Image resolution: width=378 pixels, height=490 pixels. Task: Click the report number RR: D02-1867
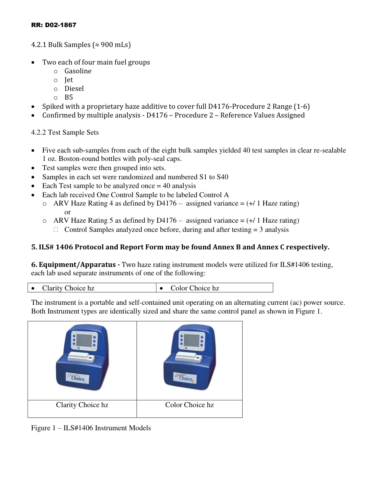(54, 25)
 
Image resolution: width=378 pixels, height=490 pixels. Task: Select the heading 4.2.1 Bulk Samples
(81, 45)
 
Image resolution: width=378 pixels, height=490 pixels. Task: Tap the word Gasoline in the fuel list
(78, 71)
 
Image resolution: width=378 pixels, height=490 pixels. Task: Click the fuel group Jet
(69, 80)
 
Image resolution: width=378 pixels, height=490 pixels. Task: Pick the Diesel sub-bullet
(74, 88)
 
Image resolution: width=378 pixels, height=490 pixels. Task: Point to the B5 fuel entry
(69, 97)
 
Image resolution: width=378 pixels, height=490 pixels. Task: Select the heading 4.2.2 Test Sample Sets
(65, 132)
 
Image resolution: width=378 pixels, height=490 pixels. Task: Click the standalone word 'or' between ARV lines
(68, 212)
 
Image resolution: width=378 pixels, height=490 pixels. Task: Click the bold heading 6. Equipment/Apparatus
(75, 265)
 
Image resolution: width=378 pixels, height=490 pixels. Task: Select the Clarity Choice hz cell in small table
(68, 288)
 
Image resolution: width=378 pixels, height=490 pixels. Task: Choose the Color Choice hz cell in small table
(195, 288)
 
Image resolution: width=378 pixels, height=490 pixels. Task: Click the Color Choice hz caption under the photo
(189, 405)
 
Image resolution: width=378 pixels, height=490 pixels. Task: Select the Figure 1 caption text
(91, 428)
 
